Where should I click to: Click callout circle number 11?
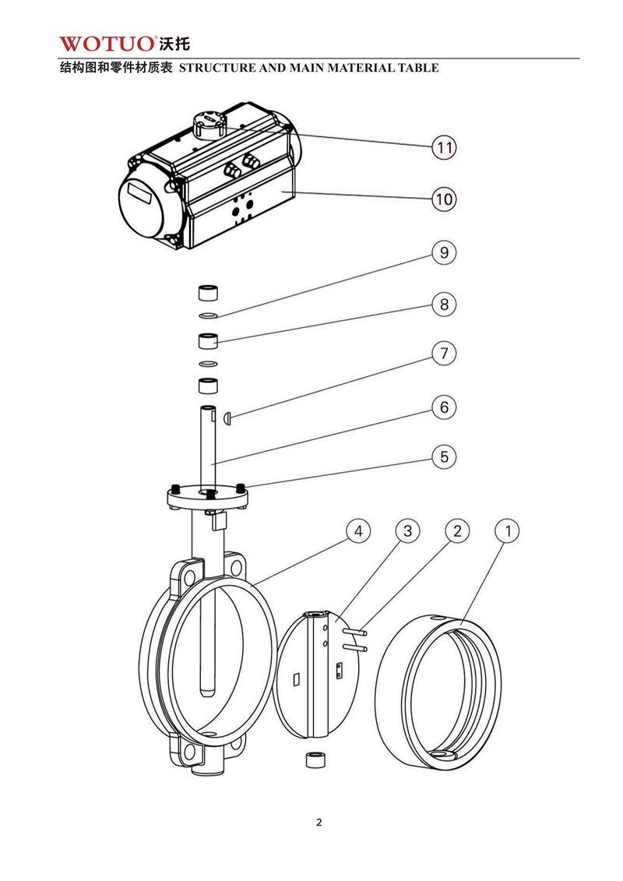[x=444, y=147]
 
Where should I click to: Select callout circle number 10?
[x=444, y=199]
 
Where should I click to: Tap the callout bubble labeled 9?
[x=444, y=253]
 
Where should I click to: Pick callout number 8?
[x=444, y=304]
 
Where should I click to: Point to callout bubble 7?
[x=444, y=354]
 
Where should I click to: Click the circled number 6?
[x=444, y=407]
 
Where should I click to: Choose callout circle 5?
[x=444, y=456]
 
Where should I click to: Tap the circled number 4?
[x=358, y=531]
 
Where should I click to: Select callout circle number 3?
[x=407, y=531]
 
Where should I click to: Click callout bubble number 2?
[x=457, y=531]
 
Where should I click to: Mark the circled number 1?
[x=507, y=531]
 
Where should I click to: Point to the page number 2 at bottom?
[x=319, y=823]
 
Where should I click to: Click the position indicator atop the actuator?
[x=209, y=125]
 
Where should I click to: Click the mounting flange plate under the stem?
[x=207, y=496]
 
